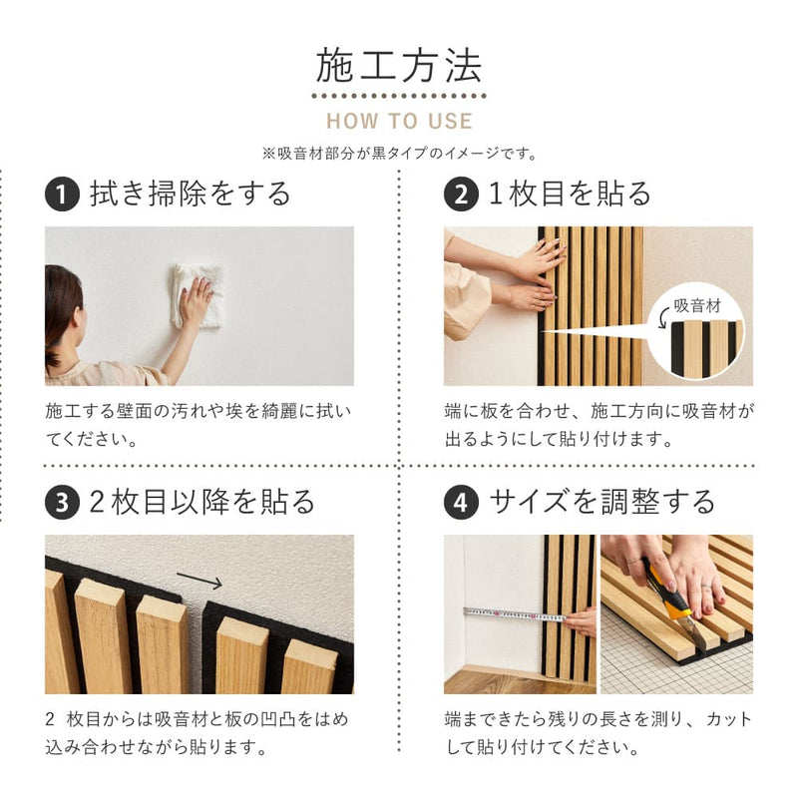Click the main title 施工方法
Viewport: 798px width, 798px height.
[399, 65]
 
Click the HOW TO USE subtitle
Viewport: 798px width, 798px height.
[399, 122]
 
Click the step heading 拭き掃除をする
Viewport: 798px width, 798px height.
[191, 194]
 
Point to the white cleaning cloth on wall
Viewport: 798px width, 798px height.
[195, 293]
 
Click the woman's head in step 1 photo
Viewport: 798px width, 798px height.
[62, 304]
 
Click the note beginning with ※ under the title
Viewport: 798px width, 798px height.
[399, 154]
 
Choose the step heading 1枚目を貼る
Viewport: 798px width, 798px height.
[570, 194]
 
